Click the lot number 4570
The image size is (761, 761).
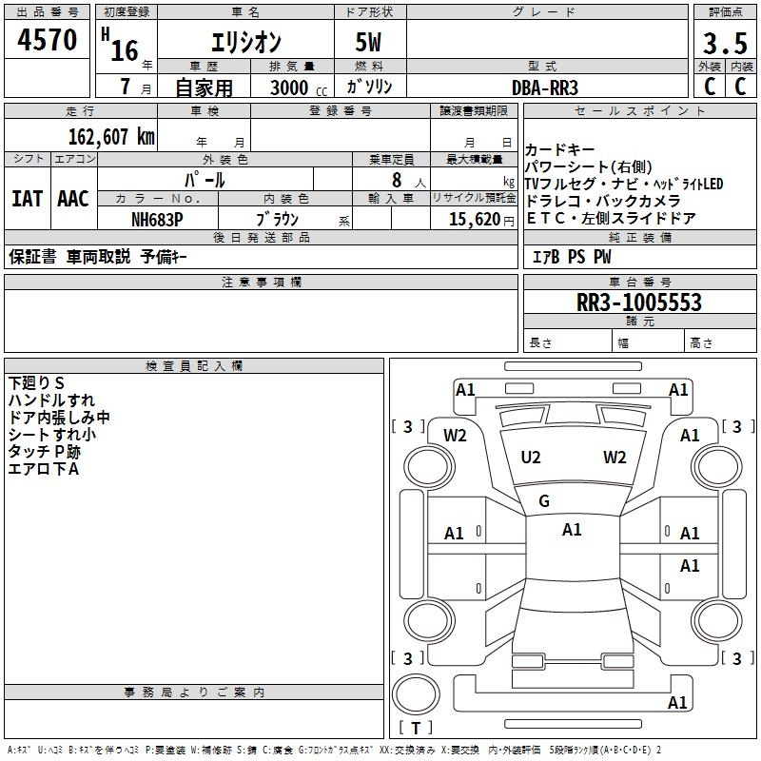point(48,41)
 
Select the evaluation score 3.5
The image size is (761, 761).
point(722,44)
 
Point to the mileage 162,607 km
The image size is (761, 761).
point(111,136)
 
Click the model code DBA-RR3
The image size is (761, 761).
point(545,87)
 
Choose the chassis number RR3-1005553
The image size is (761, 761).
point(639,303)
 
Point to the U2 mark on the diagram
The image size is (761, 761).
point(531,458)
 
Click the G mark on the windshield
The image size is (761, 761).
point(544,500)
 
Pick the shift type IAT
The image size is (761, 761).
point(28,199)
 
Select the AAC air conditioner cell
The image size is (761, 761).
point(73,199)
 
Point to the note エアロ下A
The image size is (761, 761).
point(43,468)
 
